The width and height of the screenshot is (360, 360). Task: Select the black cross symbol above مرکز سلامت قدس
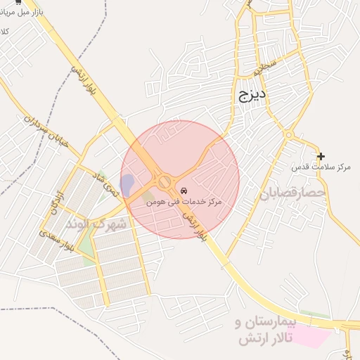click(321, 156)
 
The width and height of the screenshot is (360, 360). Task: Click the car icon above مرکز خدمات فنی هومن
click(184, 191)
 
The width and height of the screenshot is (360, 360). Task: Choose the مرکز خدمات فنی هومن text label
click(184, 202)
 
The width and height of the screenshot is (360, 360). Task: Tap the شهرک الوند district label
click(96, 224)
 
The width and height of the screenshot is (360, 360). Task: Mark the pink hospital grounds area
click(309, 335)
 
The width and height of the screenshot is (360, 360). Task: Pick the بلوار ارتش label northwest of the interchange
click(83, 82)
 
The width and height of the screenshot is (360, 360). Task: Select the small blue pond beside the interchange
click(127, 186)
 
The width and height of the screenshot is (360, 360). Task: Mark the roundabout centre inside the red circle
click(165, 182)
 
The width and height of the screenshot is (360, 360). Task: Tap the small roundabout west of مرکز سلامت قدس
click(288, 134)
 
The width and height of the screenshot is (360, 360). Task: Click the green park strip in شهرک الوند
click(86, 240)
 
